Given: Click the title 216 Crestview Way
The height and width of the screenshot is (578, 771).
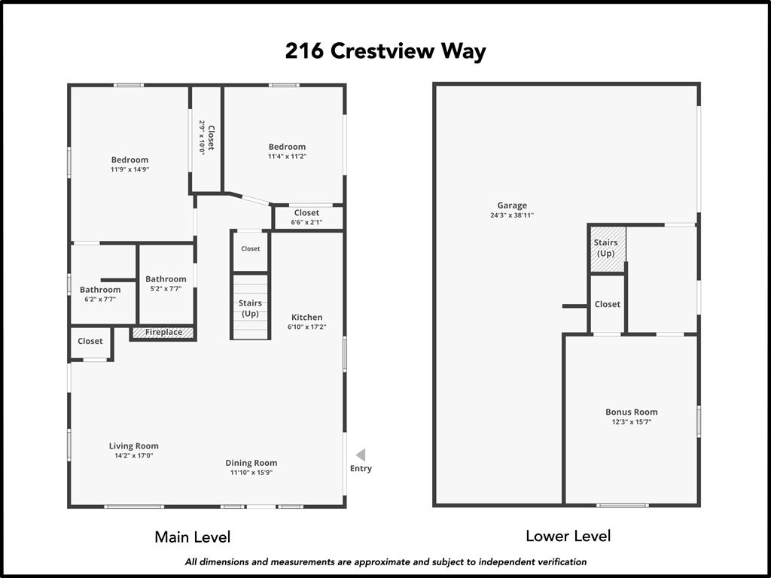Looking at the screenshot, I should tap(385, 51).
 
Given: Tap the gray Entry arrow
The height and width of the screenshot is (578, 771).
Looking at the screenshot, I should tap(361, 455).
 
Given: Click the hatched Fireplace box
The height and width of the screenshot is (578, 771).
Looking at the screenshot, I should tap(163, 332).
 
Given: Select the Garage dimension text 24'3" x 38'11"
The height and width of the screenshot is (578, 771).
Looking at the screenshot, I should tap(512, 216).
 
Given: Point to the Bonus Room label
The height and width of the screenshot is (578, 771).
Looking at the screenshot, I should tap(631, 412).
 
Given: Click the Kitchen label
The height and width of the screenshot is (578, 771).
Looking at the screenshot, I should tap(306, 317).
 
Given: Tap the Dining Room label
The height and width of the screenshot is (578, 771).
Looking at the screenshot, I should tap(251, 463).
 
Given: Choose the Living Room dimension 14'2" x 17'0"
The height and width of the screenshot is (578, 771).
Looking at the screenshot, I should tap(134, 455).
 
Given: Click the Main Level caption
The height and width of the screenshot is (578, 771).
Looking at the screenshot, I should tap(193, 537).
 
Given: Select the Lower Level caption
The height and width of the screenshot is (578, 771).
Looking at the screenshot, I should tap(568, 536).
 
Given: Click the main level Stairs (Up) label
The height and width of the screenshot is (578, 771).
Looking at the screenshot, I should tap(250, 308).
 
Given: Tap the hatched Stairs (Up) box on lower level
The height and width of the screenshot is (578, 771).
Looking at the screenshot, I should tap(606, 248).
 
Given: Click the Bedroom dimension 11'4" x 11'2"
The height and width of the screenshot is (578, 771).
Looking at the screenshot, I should tap(287, 157).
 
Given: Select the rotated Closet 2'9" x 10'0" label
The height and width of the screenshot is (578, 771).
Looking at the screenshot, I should tap(206, 137).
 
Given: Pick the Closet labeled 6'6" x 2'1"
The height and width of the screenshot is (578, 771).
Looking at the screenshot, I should tap(306, 218).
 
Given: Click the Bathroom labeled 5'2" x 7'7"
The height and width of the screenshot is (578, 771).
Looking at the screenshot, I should tap(166, 284).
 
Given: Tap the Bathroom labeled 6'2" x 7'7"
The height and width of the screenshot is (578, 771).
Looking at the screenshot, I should tap(100, 294).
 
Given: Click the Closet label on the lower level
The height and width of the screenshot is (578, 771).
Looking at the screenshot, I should tap(607, 304).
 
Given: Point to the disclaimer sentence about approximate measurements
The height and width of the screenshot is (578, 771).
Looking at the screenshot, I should tap(385, 561).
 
